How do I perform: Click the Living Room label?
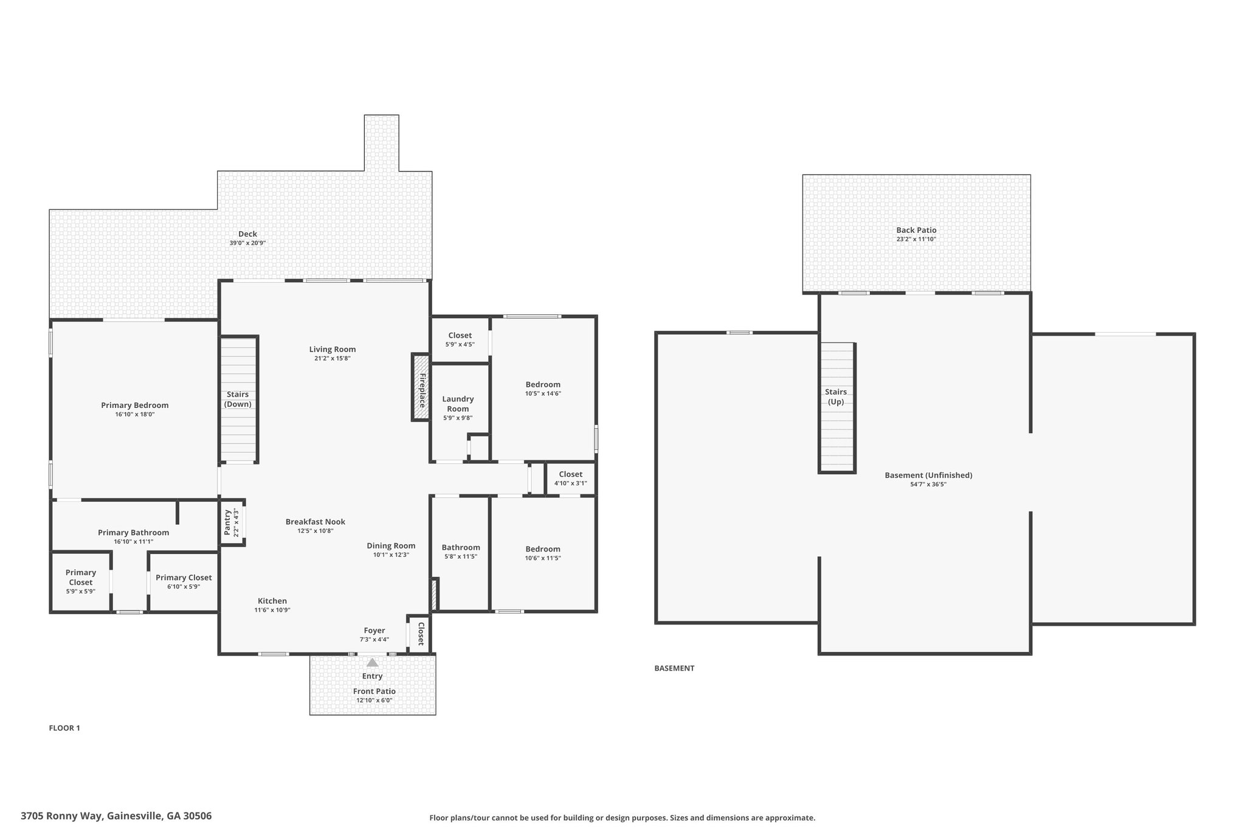coord(333,349)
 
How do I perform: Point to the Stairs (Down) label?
coord(238,399)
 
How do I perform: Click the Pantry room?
coord(232,522)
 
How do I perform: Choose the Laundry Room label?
coord(458,404)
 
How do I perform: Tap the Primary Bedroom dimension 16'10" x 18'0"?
coord(135,414)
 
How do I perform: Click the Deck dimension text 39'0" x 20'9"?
coord(247,243)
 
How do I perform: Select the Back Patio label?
coord(916,230)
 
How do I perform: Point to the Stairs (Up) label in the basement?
coord(836,396)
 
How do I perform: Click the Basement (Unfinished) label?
coord(928,475)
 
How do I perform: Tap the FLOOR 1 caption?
coord(64,728)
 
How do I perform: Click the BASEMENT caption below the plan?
coord(674,668)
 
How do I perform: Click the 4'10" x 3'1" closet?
coord(570,479)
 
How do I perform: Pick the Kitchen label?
coord(272,601)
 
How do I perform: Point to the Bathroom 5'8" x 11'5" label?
coord(461,547)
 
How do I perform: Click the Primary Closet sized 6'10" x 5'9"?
coord(184,581)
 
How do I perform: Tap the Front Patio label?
coord(374,691)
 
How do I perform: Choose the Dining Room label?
coord(391,545)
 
